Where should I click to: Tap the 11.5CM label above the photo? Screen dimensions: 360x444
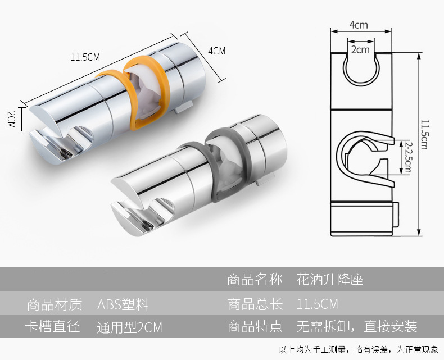coord(85,57)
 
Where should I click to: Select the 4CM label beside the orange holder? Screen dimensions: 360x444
coord(216,51)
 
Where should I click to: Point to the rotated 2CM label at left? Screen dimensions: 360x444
coord(11,119)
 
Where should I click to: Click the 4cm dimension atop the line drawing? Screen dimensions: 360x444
coord(358,25)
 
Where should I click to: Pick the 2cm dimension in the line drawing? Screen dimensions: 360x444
coord(360,49)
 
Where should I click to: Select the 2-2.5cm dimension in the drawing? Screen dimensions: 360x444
coord(409,157)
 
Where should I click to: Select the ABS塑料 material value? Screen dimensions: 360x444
coord(123,305)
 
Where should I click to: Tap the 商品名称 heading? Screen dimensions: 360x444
coord(255,279)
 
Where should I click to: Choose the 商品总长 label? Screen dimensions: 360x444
coord(255,305)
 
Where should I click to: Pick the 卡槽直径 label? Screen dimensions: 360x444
coord(54,327)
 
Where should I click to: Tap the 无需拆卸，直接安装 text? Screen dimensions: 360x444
coord(356,327)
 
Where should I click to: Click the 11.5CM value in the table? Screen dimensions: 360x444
coord(318,305)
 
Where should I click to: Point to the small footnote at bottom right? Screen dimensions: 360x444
coord(358,350)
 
